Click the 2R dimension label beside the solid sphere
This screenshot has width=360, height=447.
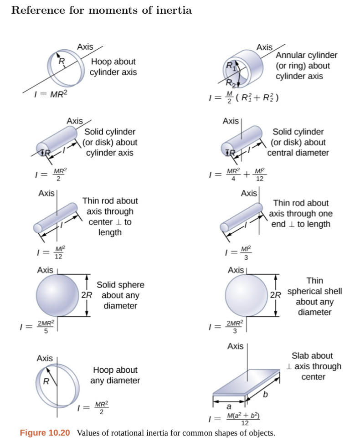[x=87, y=295]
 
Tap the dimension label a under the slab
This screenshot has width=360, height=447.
[x=229, y=406]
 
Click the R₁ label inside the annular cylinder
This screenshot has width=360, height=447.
[x=231, y=66]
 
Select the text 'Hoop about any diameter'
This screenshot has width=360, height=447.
[x=115, y=375]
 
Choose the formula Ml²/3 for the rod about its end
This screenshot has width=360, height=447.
[x=238, y=252]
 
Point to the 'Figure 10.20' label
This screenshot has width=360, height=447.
[x=45, y=433]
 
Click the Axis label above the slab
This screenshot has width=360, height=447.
[x=235, y=346]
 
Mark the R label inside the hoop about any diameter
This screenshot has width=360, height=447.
[x=46, y=381]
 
